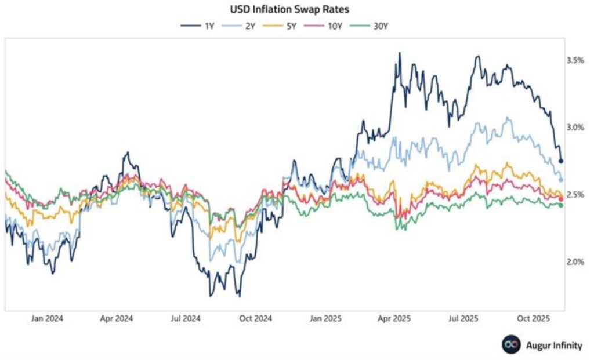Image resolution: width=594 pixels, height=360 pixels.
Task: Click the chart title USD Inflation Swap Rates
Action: click(297, 9)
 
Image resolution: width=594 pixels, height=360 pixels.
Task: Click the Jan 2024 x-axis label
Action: click(48, 318)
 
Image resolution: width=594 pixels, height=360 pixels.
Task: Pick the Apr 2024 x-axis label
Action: click(117, 318)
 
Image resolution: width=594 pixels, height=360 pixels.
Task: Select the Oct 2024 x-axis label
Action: click(256, 318)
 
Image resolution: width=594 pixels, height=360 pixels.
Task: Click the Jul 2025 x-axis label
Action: click(463, 318)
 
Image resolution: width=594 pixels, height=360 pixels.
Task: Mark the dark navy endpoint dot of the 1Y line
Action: click(561, 161)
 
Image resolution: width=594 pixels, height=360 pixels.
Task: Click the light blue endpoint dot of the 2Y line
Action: click(561, 180)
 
